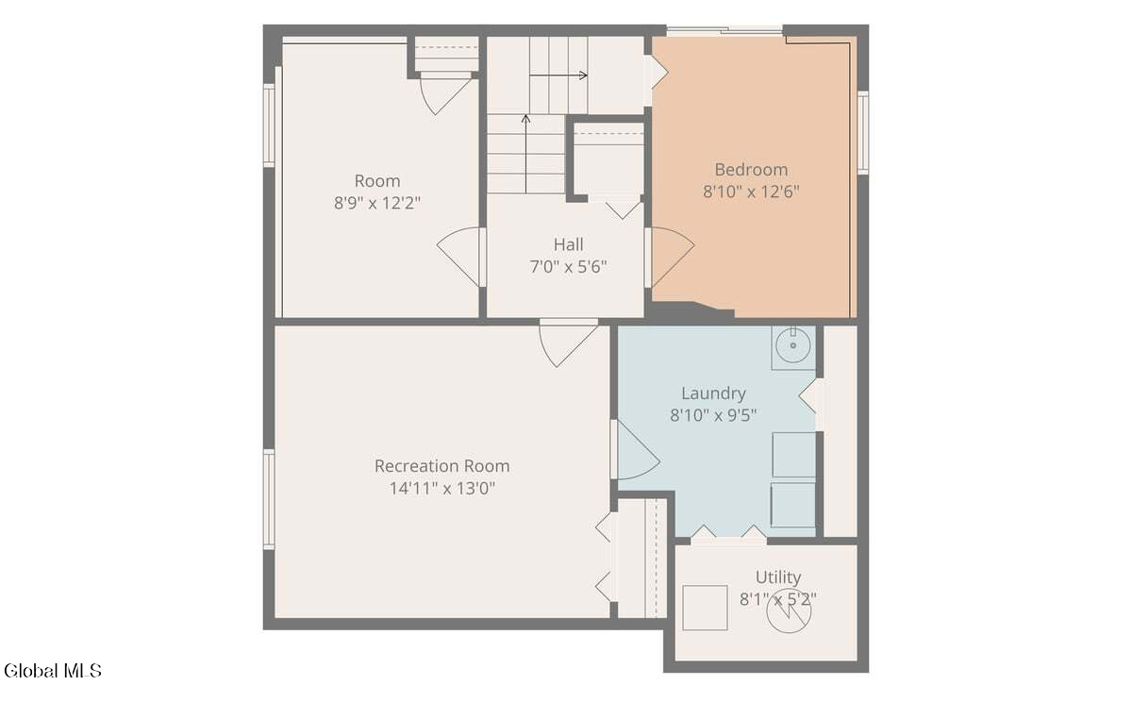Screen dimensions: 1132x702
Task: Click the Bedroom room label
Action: (x=751, y=170)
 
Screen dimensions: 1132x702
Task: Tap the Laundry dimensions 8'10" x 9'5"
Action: (x=713, y=415)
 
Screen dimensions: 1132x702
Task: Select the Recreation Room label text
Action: (x=441, y=466)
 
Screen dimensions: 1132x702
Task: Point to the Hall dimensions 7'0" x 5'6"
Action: (x=568, y=267)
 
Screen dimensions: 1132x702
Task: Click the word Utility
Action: (x=778, y=577)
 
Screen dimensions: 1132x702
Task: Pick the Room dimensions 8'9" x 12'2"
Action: (x=377, y=203)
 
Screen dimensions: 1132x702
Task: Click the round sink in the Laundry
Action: (x=793, y=345)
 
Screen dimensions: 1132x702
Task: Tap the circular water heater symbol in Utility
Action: (x=789, y=611)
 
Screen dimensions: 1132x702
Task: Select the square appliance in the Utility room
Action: (x=705, y=608)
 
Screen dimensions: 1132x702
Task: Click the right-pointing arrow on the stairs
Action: (x=558, y=75)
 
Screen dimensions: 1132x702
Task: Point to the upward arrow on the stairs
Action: (x=525, y=154)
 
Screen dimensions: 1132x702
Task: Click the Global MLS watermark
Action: (x=53, y=671)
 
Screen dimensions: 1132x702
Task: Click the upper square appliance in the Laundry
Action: (x=793, y=455)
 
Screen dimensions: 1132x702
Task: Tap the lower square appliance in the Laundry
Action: (x=792, y=505)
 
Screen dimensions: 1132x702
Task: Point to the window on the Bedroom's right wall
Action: (x=862, y=133)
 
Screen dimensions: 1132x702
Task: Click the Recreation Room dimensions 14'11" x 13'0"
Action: (x=441, y=488)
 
